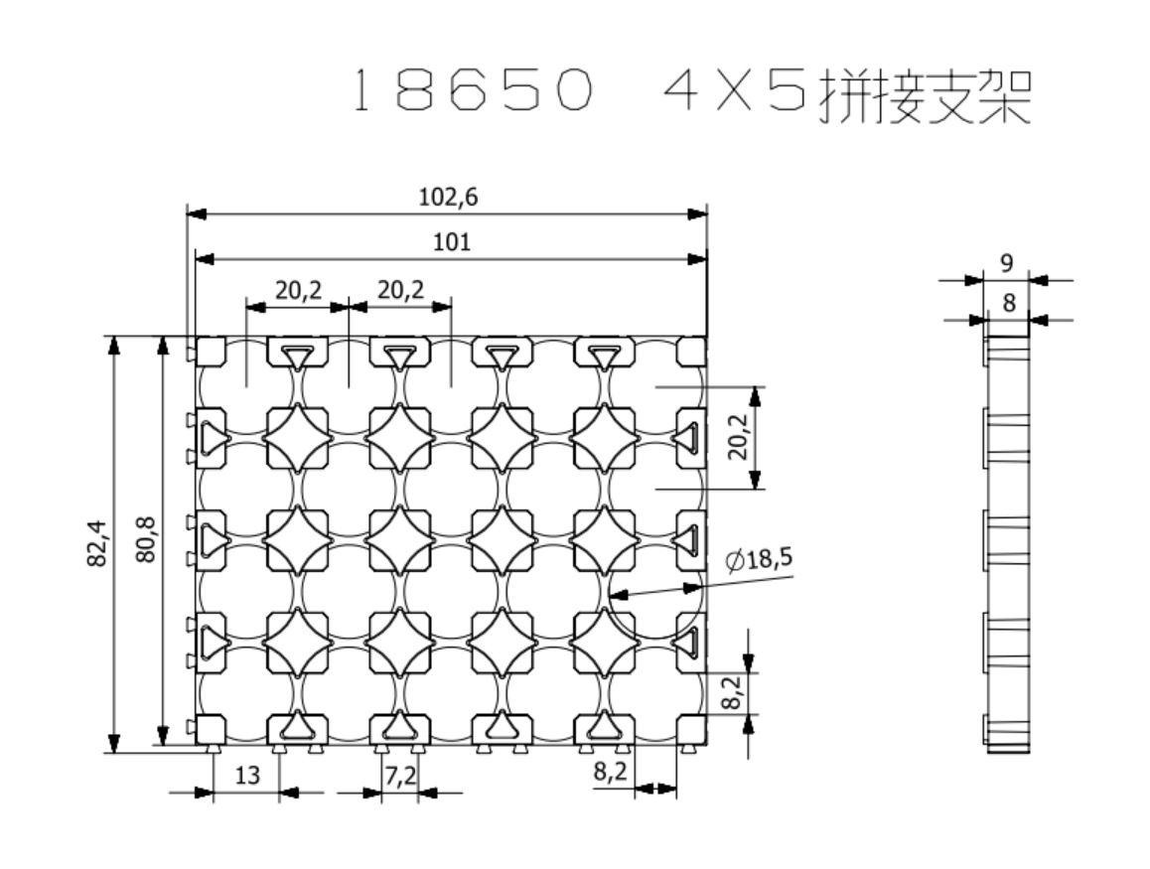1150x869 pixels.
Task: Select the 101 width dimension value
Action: pos(452,242)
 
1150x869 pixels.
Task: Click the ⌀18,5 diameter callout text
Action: pos(760,560)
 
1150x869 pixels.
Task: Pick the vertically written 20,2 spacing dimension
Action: pos(736,438)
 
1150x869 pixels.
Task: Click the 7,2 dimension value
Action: pos(399,776)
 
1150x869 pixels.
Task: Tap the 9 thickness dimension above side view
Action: pos(1006,263)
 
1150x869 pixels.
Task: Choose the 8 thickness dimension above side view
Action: pos(1009,304)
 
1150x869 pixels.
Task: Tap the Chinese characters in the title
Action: pos(924,95)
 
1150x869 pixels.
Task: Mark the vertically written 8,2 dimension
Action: pos(731,693)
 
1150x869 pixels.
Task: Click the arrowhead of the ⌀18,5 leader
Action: pos(615,596)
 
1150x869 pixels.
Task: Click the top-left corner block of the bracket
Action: pos(210,352)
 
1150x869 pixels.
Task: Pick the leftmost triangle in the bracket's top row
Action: pos(297,356)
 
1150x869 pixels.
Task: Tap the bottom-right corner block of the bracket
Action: pos(691,731)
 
